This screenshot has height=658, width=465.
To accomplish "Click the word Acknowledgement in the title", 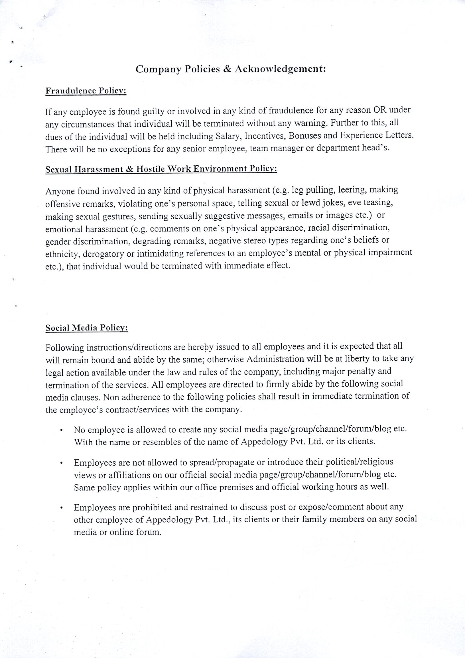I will coord(280,69).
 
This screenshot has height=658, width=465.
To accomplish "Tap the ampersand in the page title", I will coord(227,69).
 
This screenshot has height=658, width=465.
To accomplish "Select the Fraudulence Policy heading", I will coord(86,91).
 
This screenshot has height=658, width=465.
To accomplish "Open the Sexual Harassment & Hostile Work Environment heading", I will coord(161,169).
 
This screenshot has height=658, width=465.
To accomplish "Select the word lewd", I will coord(311,203).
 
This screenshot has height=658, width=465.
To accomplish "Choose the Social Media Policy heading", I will coord(86,328).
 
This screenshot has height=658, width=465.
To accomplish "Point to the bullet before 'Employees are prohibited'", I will coord(62,508).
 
